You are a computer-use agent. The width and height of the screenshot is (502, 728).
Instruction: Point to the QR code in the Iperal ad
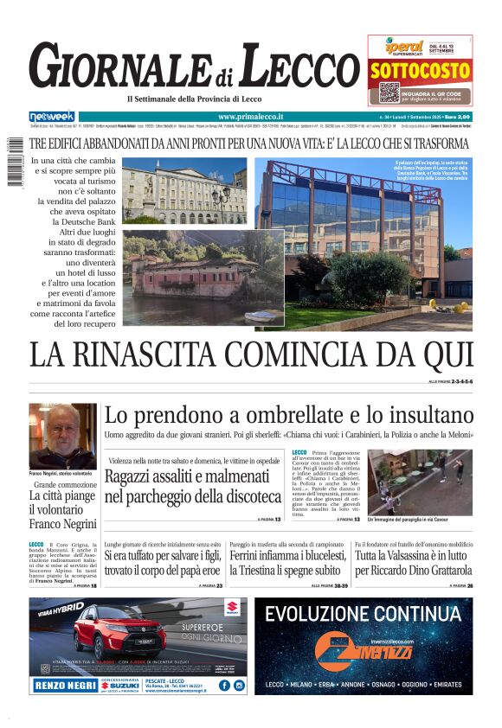point(389,93)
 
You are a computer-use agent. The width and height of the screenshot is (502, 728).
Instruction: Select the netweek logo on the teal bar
point(52,116)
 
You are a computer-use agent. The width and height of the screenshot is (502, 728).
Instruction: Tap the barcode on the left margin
point(15,159)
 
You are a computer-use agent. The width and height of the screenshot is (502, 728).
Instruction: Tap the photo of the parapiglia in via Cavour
point(420,482)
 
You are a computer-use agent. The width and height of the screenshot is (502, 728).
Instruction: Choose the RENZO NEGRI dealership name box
point(64,686)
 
